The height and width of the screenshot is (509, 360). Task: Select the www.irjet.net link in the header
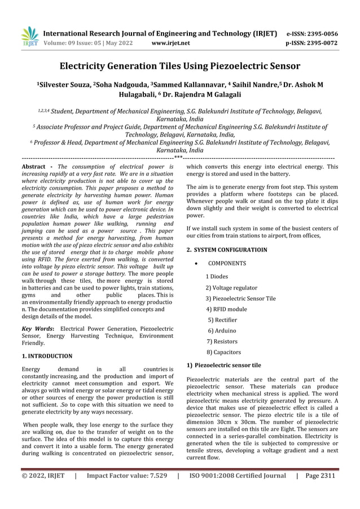pyautogui.click(x=171, y=42)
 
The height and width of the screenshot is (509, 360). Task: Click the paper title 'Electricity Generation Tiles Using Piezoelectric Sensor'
pyautogui.click(x=180, y=66)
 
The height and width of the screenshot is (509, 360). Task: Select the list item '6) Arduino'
pyautogui.click(x=222, y=331)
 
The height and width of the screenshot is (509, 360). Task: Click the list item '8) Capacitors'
pyautogui.click(x=224, y=352)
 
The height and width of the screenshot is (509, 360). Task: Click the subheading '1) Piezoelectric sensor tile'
pyautogui.click(x=223, y=365)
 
